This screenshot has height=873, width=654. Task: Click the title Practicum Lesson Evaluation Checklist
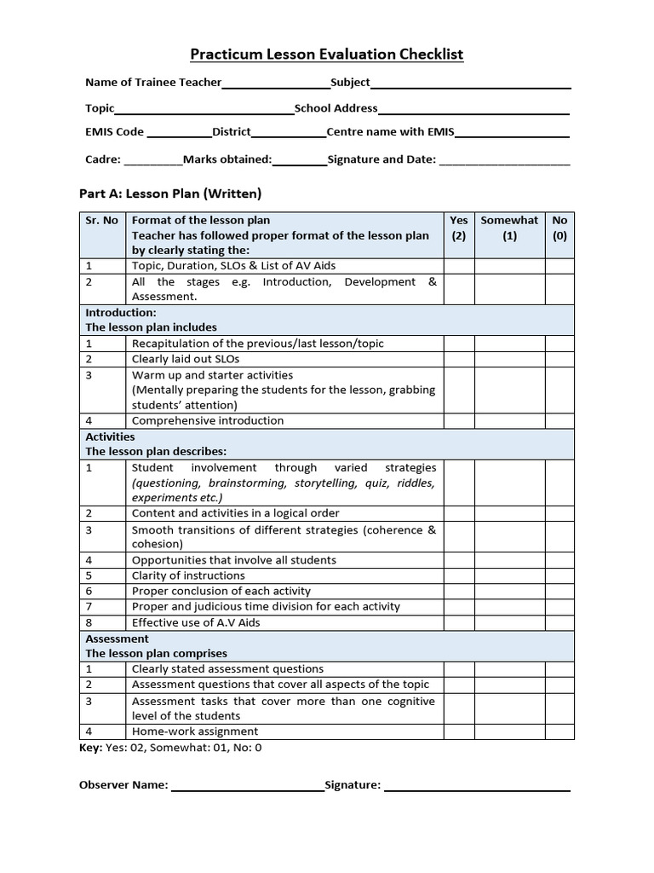[326, 55]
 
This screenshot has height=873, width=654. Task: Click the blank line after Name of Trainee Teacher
[275, 85]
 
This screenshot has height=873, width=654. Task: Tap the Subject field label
[350, 83]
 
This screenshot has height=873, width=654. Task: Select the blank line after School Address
[473, 112]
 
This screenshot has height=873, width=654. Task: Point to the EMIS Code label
[115, 132]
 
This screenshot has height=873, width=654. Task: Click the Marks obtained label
[227, 159]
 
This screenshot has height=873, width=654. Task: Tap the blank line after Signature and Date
[504, 162]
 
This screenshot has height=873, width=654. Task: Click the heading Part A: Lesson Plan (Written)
[170, 194]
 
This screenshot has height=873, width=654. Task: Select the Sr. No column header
[101, 221]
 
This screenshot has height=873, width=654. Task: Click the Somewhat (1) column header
[509, 228]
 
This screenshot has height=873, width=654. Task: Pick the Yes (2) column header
[458, 228]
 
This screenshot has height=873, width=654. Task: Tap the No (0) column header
[559, 228]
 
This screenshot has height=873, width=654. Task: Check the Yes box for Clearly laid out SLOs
[458, 359]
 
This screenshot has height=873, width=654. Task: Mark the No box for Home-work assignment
[559, 731]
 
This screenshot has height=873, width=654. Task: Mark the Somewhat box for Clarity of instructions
[509, 575]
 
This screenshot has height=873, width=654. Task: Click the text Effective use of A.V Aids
[196, 622]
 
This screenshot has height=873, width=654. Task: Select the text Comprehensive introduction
[208, 420]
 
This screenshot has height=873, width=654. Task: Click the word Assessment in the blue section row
[117, 639]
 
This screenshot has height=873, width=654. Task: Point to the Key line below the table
[170, 748]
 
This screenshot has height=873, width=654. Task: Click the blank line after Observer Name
[247, 788]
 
